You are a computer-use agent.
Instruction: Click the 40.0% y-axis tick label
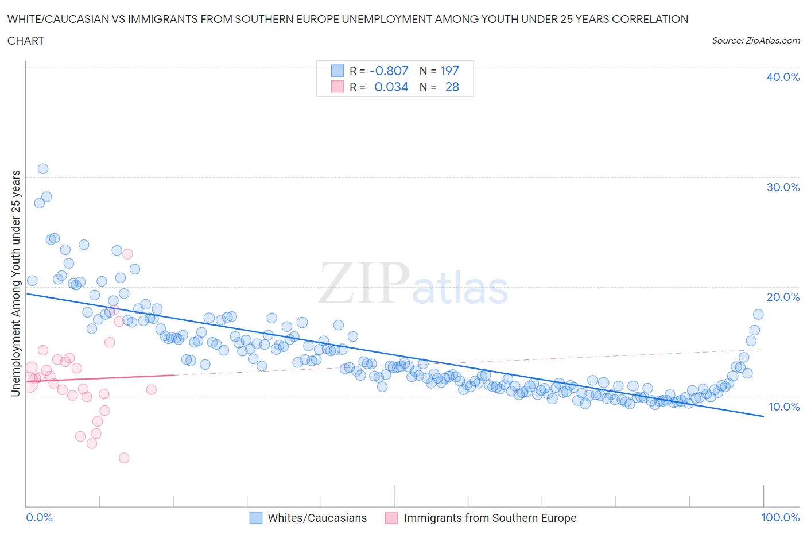[782, 77]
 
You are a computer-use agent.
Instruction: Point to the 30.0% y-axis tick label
[782, 187]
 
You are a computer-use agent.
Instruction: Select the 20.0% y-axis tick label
[782, 297]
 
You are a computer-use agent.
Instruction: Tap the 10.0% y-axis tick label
[783, 407]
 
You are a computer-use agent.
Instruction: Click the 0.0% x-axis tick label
[39, 517]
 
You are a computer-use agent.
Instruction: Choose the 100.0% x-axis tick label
[780, 517]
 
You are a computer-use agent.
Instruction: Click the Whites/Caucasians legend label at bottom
[317, 518]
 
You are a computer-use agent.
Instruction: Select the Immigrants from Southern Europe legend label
[490, 518]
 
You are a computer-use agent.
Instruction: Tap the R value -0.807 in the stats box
[389, 71]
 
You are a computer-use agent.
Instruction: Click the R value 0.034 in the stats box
[391, 87]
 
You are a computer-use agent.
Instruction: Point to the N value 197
[449, 71]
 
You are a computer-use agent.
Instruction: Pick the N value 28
[452, 87]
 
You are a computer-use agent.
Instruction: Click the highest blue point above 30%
[43, 168]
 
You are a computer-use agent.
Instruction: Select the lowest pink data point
[124, 458]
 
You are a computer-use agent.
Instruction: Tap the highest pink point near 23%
[127, 254]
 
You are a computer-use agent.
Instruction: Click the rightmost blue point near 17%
[758, 314]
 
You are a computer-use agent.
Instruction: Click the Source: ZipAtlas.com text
[755, 41]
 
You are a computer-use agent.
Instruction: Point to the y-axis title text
[16, 284]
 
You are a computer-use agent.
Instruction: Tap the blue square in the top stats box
[337, 71]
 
